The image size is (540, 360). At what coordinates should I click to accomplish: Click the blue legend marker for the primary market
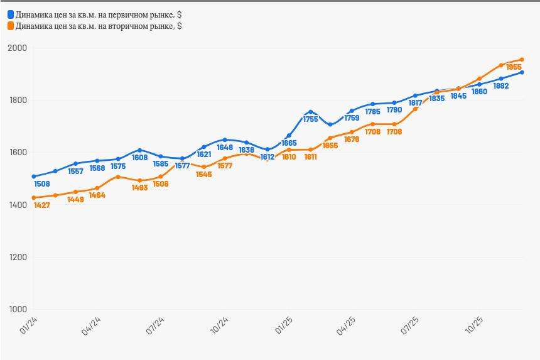(x=10, y=14)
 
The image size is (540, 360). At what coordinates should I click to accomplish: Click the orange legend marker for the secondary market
(x=10, y=26)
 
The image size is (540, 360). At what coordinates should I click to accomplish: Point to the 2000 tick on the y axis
(x=18, y=48)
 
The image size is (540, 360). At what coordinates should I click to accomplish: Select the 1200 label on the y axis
(x=18, y=258)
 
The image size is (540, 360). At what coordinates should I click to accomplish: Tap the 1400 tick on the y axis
(x=18, y=205)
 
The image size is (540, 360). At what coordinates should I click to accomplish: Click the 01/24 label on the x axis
(x=27, y=327)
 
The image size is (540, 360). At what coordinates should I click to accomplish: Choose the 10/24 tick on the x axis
(x=219, y=327)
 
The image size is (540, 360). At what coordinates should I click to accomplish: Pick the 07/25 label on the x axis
(x=411, y=327)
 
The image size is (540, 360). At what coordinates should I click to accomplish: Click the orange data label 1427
(x=41, y=205)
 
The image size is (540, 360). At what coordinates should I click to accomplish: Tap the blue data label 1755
(x=311, y=119)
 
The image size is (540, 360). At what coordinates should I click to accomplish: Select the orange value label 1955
(x=514, y=67)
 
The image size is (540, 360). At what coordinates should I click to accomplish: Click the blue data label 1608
(x=140, y=158)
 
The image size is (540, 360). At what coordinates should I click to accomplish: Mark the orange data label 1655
(x=330, y=145)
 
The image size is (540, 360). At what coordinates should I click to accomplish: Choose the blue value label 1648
(x=225, y=148)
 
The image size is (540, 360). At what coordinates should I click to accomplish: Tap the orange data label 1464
(x=97, y=195)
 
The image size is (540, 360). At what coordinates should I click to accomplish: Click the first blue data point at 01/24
(x=33, y=177)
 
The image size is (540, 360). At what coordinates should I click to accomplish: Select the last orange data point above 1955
(x=522, y=60)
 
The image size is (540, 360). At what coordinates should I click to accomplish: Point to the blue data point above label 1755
(x=310, y=112)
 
